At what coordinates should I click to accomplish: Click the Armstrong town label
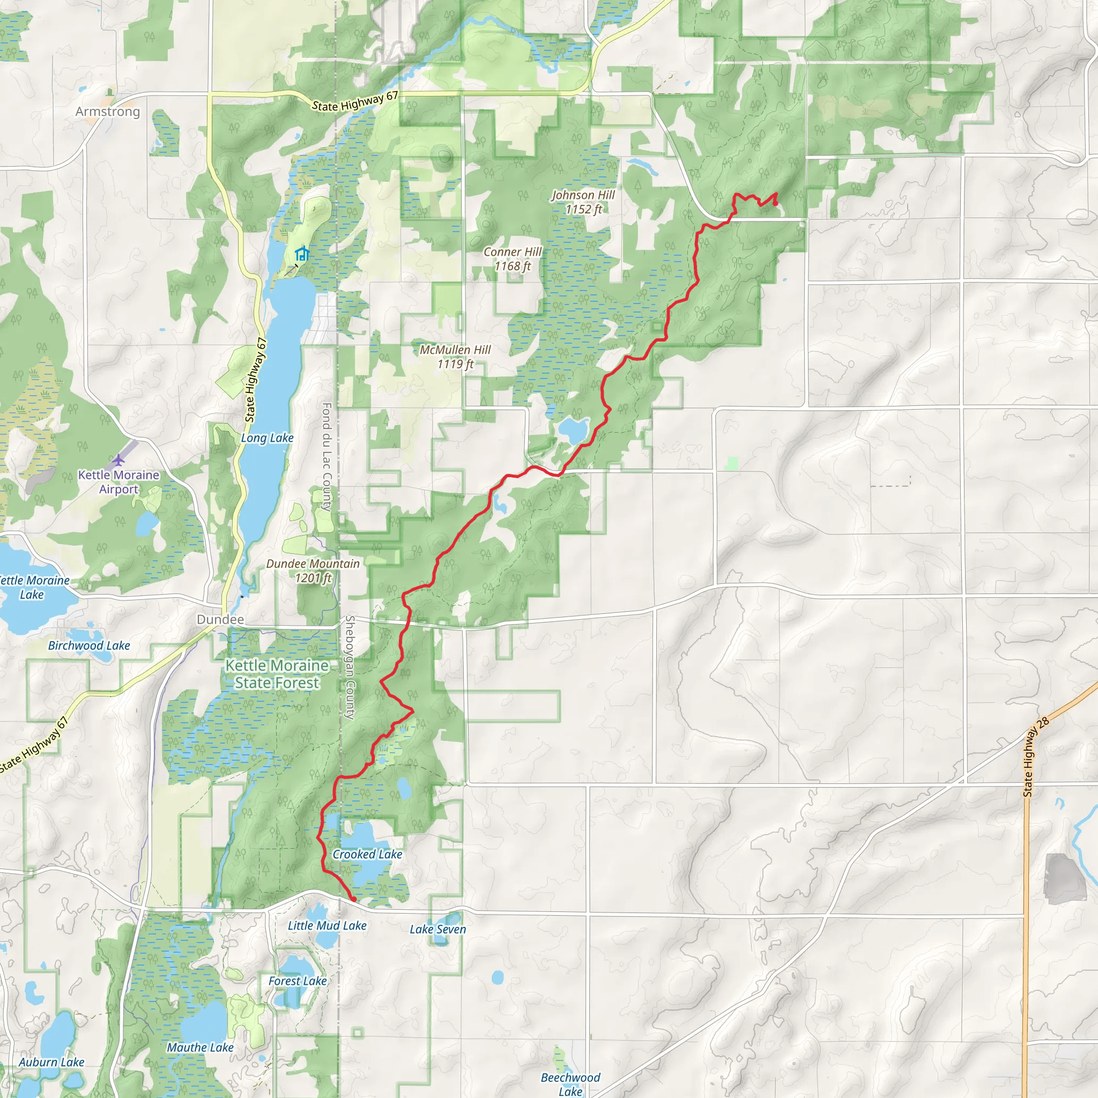107,112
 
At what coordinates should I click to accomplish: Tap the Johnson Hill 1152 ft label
583,202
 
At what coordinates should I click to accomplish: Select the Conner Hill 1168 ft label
513,258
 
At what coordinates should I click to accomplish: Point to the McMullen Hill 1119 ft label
455,357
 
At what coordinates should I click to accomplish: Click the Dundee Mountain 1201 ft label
313,570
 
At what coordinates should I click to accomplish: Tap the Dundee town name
220,619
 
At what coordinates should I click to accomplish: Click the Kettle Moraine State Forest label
277,674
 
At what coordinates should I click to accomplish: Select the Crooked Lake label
367,854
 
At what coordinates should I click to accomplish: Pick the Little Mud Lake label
327,926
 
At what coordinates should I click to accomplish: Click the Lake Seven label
437,929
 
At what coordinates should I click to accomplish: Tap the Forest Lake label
297,981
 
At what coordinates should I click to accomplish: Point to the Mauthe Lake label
200,1048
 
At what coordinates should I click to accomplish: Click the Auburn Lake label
51,1062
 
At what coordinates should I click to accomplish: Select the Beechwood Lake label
570,1084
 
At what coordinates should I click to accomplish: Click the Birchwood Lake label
88,646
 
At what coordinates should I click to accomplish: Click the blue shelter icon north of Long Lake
302,254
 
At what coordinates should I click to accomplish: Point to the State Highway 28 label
1035,756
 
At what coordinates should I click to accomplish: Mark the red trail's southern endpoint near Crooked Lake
353,900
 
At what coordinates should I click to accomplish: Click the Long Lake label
267,438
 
